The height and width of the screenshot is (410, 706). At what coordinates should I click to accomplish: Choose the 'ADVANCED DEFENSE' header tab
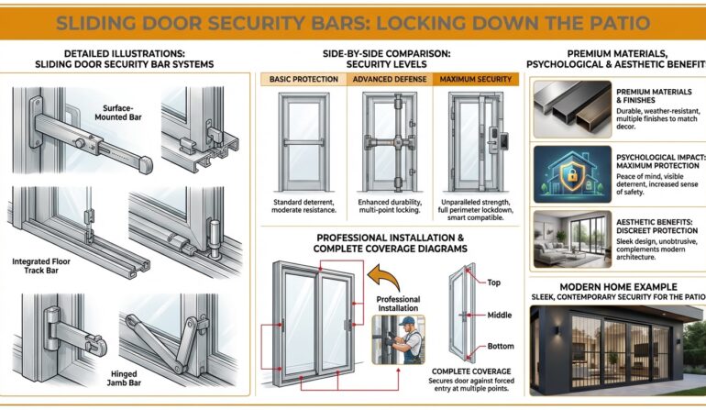(x=389, y=80)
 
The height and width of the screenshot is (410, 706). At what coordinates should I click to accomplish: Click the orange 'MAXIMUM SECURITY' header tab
(x=475, y=80)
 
